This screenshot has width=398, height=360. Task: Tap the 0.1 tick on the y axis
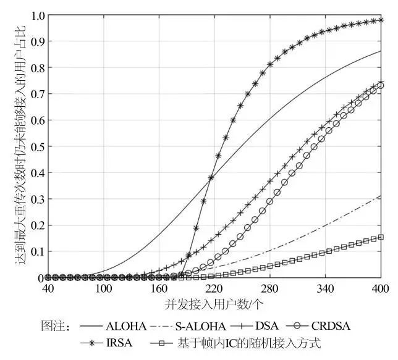[x=36, y=251]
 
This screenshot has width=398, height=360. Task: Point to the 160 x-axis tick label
[x=159, y=289]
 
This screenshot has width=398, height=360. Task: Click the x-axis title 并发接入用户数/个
[x=214, y=304]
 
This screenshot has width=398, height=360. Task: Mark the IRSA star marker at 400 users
[x=381, y=20]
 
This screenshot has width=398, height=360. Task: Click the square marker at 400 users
[x=381, y=237]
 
